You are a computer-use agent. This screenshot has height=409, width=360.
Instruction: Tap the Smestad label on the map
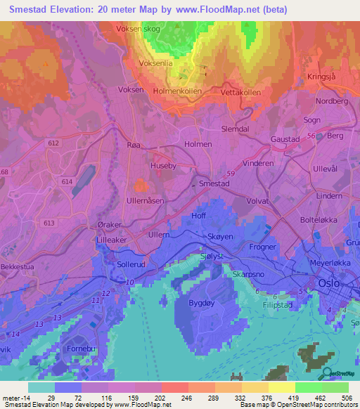[214, 183]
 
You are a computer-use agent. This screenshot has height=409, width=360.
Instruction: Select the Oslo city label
[328, 283]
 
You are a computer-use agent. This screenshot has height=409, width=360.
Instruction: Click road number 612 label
[54, 143]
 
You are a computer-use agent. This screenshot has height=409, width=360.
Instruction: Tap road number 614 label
[67, 181]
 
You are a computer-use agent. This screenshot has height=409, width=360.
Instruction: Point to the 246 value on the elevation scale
[172, 397]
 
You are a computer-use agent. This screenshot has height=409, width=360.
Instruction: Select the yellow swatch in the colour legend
[281, 387]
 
